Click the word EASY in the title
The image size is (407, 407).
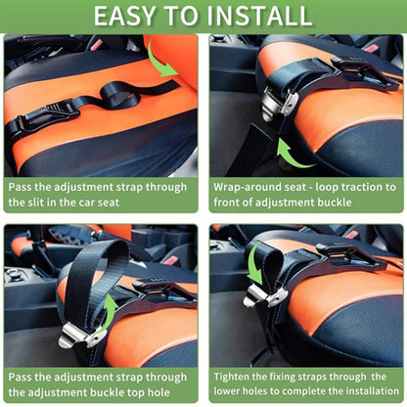pyautogui.click(x=129, y=16)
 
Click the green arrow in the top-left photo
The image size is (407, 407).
pyautogui.click(x=162, y=59)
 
